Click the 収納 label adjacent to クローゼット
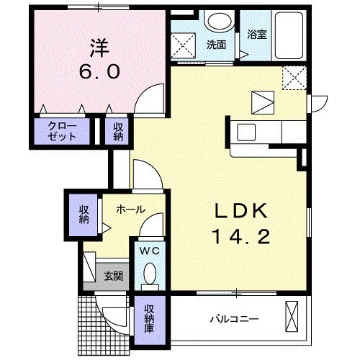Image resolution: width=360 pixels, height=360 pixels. pyautogui.click(x=117, y=132)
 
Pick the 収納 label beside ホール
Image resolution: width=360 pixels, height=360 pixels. pyautogui.click(x=84, y=214)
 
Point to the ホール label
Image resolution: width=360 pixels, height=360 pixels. pyautogui.click(x=130, y=210)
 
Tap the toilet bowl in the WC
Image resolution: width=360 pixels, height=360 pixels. pyautogui.click(x=150, y=275)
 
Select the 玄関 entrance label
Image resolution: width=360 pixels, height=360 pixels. pyautogui.click(x=112, y=275)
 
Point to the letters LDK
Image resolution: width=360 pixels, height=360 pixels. pyautogui.click(x=242, y=211)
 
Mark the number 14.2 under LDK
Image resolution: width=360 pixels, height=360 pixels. pyautogui.click(x=242, y=235)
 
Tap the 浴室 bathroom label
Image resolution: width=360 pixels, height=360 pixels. pyautogui.click(x=256, y=34)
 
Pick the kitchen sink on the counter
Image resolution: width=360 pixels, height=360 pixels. pyautogui.click(x=246, y=132)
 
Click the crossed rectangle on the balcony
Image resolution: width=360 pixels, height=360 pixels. pyautogui.click(x=292, y=315)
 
